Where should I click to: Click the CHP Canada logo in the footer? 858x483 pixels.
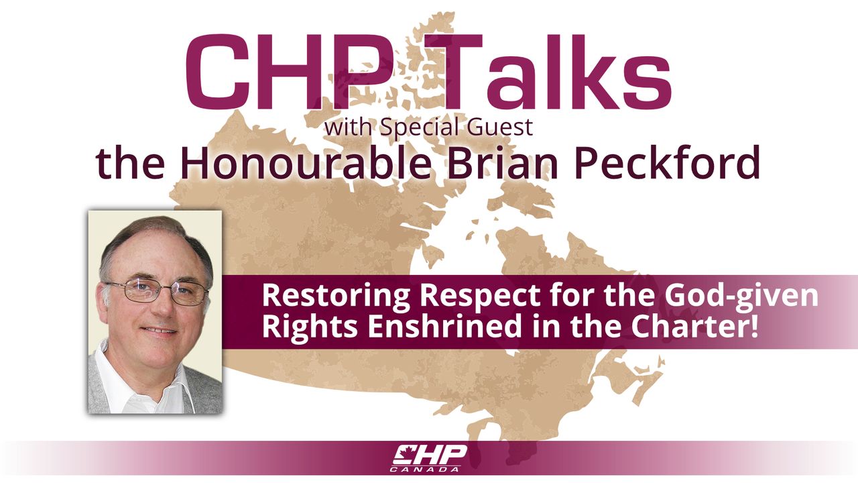(x=430, y=458)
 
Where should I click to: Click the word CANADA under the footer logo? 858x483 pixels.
(x=426, y=469)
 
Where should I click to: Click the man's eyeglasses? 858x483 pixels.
(x=157, y=291)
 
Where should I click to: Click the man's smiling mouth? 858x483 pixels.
(x=159, y=331)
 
